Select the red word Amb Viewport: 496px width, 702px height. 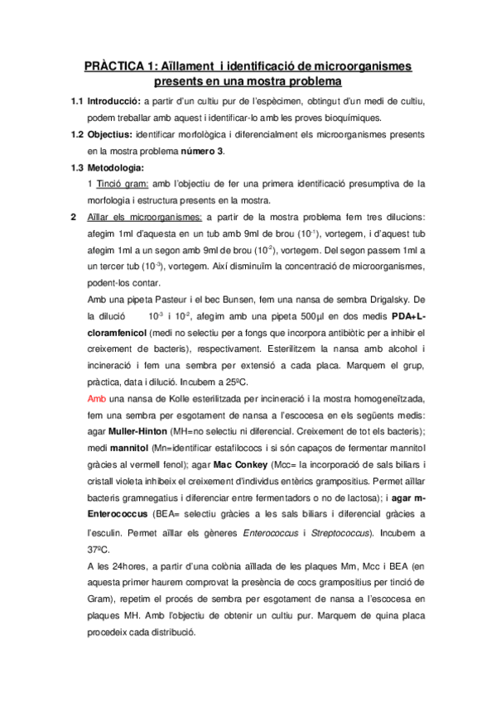(96, 397)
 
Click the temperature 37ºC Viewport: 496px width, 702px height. (99, 549)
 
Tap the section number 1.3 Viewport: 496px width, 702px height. (77, 167)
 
